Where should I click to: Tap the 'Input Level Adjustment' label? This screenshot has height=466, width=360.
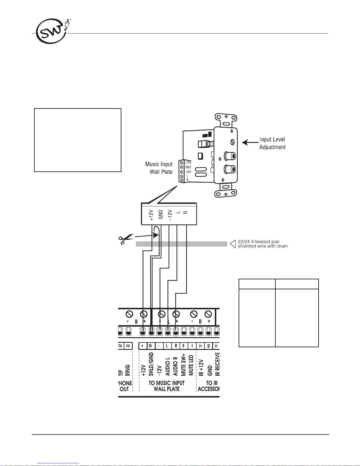(x=272, y=143)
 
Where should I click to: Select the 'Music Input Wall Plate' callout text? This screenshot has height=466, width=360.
(x=159, y=168)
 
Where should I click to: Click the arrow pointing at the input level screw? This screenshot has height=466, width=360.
(x=250, y=142)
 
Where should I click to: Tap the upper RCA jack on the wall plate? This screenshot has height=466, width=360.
(x=230, y=156)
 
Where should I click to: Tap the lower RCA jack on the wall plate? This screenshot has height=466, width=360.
(x=230, y=169)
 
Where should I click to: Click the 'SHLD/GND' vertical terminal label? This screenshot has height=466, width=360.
(x=151, y=364)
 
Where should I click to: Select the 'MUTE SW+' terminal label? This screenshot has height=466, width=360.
(x=183, y=365)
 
